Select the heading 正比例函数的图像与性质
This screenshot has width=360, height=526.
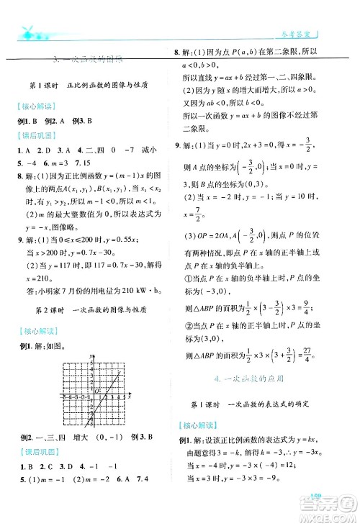[x=110, y=84]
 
